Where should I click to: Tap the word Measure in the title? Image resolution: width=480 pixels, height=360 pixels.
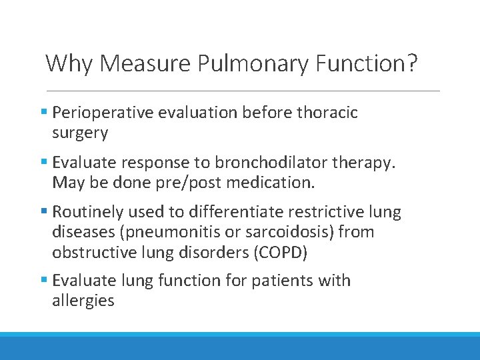tap(146, 63)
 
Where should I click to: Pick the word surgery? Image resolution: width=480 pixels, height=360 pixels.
tap(80, 133)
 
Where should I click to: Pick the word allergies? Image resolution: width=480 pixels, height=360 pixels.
tap(83, 301)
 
